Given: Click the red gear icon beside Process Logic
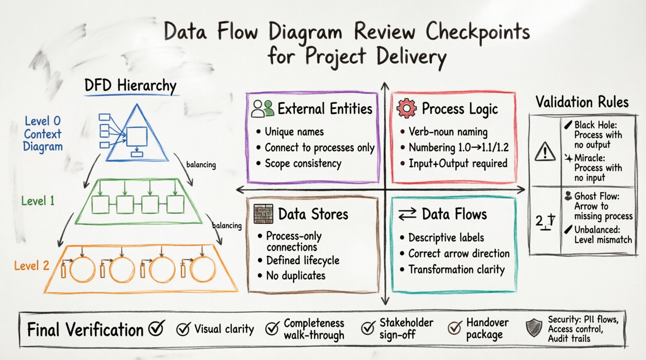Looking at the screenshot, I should (x=406, y=108).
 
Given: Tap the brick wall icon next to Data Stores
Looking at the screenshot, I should (x=263, y=214).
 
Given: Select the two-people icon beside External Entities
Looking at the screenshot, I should (x=262, y=109).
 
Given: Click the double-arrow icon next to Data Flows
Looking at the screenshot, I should (x=407, y=214).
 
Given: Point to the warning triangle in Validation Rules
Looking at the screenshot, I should (x=545, y=151).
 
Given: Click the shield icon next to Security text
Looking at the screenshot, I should (x=534, y=328).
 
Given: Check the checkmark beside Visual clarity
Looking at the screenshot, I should (x=183, y=329).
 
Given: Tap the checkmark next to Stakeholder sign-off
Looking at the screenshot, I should (x=367, y=328).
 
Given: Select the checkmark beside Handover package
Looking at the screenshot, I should (x=454, y=328).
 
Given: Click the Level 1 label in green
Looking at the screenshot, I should (x=38, y=201).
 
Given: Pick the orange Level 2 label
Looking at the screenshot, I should (x=31, y=266).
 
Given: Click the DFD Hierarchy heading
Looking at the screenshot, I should (x=130, y=85).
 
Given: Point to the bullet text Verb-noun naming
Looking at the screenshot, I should (x=448, y=132).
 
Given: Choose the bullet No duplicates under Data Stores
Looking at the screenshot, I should (x=295, y=276).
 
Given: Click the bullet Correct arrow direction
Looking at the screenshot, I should (x=458, y=254).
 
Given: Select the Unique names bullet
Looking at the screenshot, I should (x=294, y=132).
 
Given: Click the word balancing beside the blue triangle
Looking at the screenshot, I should (x=201, y=164).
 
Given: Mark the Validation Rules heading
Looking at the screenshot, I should (x=582, y=102).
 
